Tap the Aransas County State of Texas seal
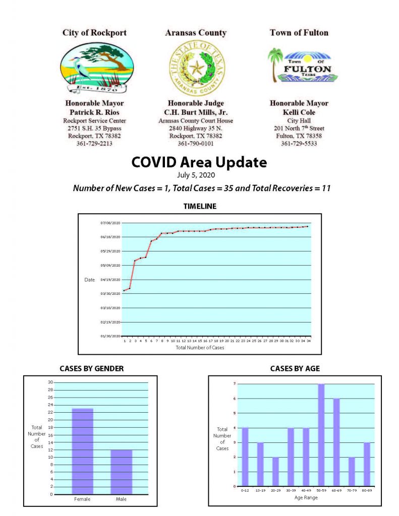(197, 68)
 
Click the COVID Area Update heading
(199, 162)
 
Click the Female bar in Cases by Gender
(82, 451)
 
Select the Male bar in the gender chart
(122, 472)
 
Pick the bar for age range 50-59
(321, 435)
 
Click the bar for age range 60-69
(336, 442)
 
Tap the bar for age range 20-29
(275, 472)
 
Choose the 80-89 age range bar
(366, 464)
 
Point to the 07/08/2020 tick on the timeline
(110, 223)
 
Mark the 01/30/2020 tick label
(110, 336)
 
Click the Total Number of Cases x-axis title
(200, 348)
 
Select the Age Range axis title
(306, 497)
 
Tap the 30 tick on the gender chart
(50, 382)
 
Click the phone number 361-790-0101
(196, 144)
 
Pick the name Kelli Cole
(299, 112)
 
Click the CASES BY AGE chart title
(295, 369)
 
